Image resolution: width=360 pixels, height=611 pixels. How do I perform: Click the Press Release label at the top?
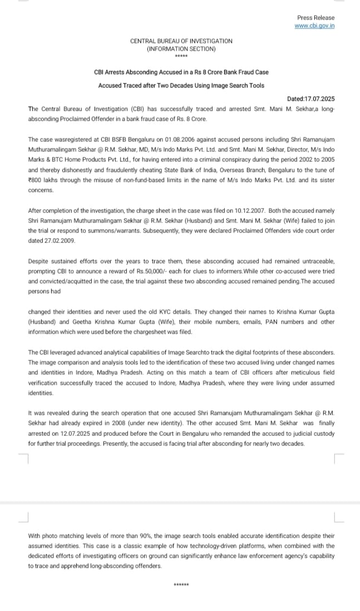[x=315, y=18]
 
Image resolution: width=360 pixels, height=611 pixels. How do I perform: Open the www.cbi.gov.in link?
[x=315, y=26]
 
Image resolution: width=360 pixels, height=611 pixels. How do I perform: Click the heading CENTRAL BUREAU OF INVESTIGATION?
[x=181, y=41]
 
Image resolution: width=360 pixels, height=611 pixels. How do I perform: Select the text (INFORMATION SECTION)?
[x=181, y=49]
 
